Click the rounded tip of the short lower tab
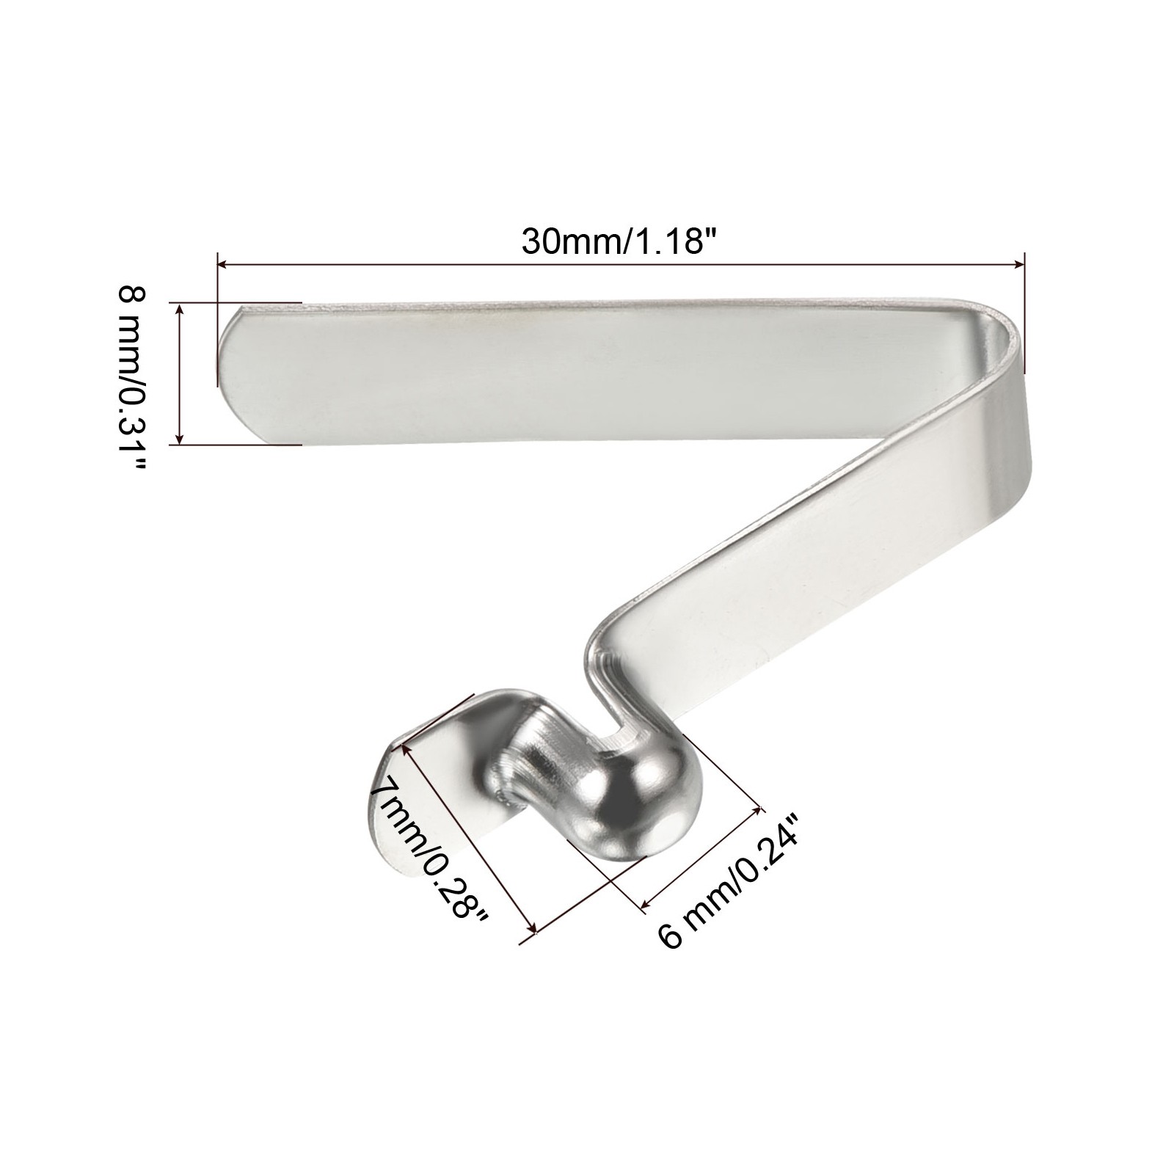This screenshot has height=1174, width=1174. tap(385, 829)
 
